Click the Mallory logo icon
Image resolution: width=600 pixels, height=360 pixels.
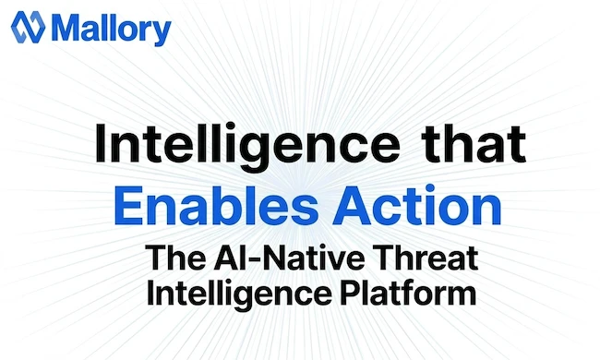click(x=27, y=28)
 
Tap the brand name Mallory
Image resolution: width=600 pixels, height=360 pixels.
click(x=112, y=29)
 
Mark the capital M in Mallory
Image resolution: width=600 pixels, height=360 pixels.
click(x=67, y=29)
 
